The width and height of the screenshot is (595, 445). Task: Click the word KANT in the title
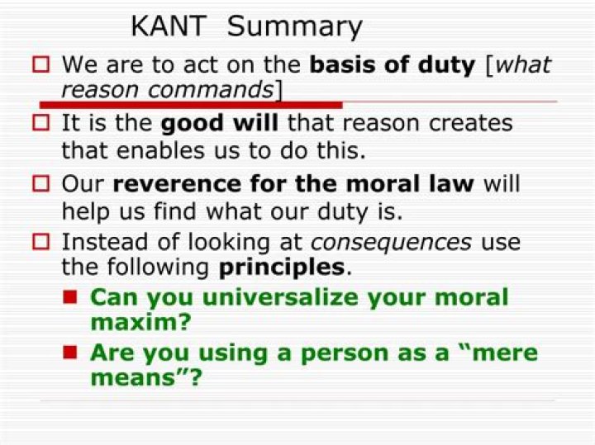(x=169, y=26)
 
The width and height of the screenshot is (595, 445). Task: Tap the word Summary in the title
(x=294, y=27)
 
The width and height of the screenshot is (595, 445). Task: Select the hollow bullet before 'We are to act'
(x=40, y=64)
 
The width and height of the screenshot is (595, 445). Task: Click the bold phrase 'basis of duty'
(x=393, y=65)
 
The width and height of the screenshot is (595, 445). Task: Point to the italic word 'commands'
(x=211, y=90)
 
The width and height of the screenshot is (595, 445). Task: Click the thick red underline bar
(x=191, y=105)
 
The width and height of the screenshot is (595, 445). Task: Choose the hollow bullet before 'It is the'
(x=40, y=123)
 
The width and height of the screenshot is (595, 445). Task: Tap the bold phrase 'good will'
(x=220, y=124)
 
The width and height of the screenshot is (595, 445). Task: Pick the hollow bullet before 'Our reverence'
(x=40, y=184)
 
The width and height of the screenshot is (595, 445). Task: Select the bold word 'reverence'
(x=177, y=184)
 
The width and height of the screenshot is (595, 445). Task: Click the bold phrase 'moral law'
(x=410, y=184)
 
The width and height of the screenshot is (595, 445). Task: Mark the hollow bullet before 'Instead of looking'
(x=40, y=242)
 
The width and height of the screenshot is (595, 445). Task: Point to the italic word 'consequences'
(x=391, y=243)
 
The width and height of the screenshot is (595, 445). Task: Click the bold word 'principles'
(x=282, y=268)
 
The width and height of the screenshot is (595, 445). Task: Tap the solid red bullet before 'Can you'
(x=70, y=297)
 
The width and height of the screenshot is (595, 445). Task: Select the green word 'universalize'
(x=280, y=297)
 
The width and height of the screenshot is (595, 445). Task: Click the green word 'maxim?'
(x=140, y=322)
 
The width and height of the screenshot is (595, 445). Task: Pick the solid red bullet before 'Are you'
(x=70, y=353)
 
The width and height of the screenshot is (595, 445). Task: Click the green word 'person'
(x=345, y=354)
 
